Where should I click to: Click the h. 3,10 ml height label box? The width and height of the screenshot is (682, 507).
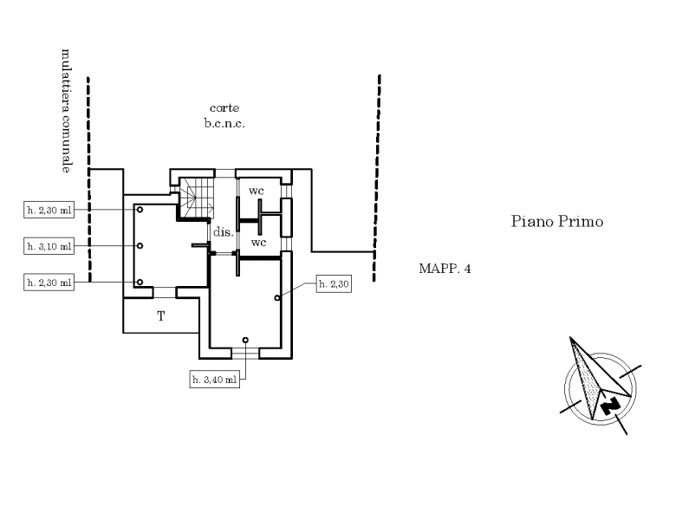[x=49, y=246]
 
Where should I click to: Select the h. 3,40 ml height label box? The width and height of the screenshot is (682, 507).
[x=214, y=379]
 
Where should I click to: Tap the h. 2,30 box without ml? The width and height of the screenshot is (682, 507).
[x=334, y=284]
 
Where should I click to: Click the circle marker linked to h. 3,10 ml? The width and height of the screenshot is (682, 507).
[x=140, y=245]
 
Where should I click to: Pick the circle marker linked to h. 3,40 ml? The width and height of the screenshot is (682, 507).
[x=245, y=340]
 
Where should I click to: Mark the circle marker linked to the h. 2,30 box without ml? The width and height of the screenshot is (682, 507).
[x=277, y=298]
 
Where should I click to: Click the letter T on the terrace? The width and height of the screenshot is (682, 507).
[x=161, y=315]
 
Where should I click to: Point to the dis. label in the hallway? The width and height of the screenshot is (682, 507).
[x=223, y=231]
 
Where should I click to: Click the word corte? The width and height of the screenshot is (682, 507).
[x=224, y=107]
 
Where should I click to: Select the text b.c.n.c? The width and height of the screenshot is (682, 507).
[x=224, y=123]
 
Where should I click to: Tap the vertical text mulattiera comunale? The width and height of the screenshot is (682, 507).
[x=66, y=111]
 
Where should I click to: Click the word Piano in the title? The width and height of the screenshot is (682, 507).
[x=532, y=221]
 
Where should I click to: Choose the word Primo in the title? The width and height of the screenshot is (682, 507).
[x=581, y=221]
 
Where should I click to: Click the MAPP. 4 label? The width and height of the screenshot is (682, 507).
[x=445, y=269]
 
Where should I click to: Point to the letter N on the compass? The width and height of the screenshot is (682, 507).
[x=610, y=406]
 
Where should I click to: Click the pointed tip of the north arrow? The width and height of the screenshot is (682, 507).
[x=570, y=337]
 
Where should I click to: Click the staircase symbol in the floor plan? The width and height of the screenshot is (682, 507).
[x=197, y=198]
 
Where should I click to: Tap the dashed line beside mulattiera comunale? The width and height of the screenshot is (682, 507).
[x=88, y=179]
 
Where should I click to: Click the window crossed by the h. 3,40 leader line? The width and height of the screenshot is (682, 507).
[x=245, y=353]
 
